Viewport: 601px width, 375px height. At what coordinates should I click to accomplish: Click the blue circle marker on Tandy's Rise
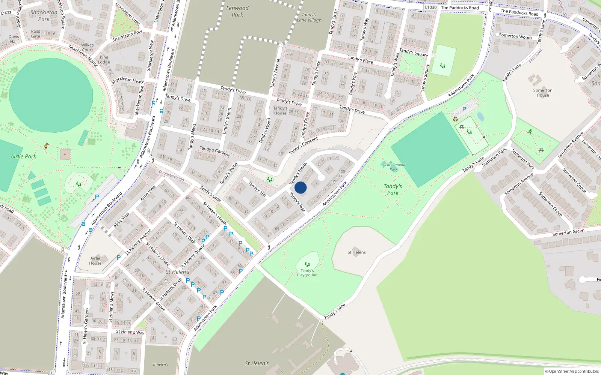click(x=300, y=187)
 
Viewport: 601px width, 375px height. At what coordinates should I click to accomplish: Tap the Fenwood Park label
click(x=237, y=11)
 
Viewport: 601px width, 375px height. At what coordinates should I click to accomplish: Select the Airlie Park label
click(x=23, y=156)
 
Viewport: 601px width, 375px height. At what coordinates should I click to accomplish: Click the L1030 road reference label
click(x=431, y=7)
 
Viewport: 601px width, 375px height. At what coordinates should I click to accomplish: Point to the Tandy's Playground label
click(x=307, y=273)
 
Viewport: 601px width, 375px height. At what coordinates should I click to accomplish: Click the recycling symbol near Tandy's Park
click(x=455, y=119)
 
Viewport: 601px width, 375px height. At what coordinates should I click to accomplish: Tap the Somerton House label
click(x=542, y=93)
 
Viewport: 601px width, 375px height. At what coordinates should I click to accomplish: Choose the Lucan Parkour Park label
click(x=393, y=167)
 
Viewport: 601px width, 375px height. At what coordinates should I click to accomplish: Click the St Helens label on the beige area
click(x=356, y=252)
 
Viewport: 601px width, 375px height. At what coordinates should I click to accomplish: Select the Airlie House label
click(x=95, y=261)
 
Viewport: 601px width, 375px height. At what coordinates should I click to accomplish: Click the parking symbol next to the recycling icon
click(x=464, y=109)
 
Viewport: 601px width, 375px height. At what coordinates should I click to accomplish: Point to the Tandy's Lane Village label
click(x=309, y=17)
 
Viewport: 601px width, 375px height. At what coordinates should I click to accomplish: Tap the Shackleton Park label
click(x=44, y=15)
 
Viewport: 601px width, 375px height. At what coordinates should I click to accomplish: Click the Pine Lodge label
click(x=104, y=60)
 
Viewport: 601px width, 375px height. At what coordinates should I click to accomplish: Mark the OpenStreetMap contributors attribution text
click(x=572, y=371)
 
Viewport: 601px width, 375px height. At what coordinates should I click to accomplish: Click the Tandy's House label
click(x=280, y=111)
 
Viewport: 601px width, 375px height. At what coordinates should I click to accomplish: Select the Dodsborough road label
click(x=171, y=175)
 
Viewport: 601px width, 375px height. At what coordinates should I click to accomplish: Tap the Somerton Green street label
click(x=568, y=232)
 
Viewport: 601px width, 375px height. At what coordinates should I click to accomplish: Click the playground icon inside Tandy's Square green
click(x=442, y=66)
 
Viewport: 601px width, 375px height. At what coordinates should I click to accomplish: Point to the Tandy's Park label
click(x=393, y=189)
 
